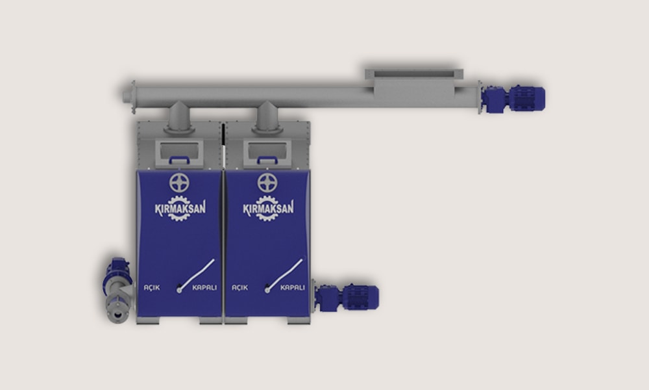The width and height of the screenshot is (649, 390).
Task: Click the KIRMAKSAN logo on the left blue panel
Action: (180, 208)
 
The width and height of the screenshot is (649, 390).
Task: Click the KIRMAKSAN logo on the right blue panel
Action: (268, 208)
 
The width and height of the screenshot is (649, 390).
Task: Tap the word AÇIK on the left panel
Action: (151, 288)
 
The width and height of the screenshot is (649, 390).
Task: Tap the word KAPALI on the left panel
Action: (204, 288)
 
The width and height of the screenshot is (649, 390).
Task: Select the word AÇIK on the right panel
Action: (239, 288)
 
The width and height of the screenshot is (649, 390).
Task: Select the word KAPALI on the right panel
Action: (293, 288)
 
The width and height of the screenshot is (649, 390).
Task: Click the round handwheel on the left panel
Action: (179, 183)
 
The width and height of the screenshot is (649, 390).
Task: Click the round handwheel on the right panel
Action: (267, 183)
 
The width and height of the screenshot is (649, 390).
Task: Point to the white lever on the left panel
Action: (196, 275)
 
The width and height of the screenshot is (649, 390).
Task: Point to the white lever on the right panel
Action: (284, 275)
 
